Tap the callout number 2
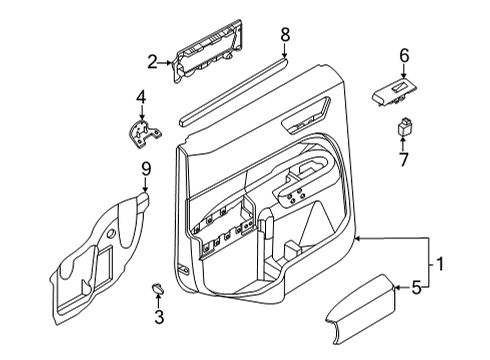point(153,63)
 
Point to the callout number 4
point(141,97)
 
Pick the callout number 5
point(417,289)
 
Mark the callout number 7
point(405,159)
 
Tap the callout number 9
point(145,170)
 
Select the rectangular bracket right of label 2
point(215,58)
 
